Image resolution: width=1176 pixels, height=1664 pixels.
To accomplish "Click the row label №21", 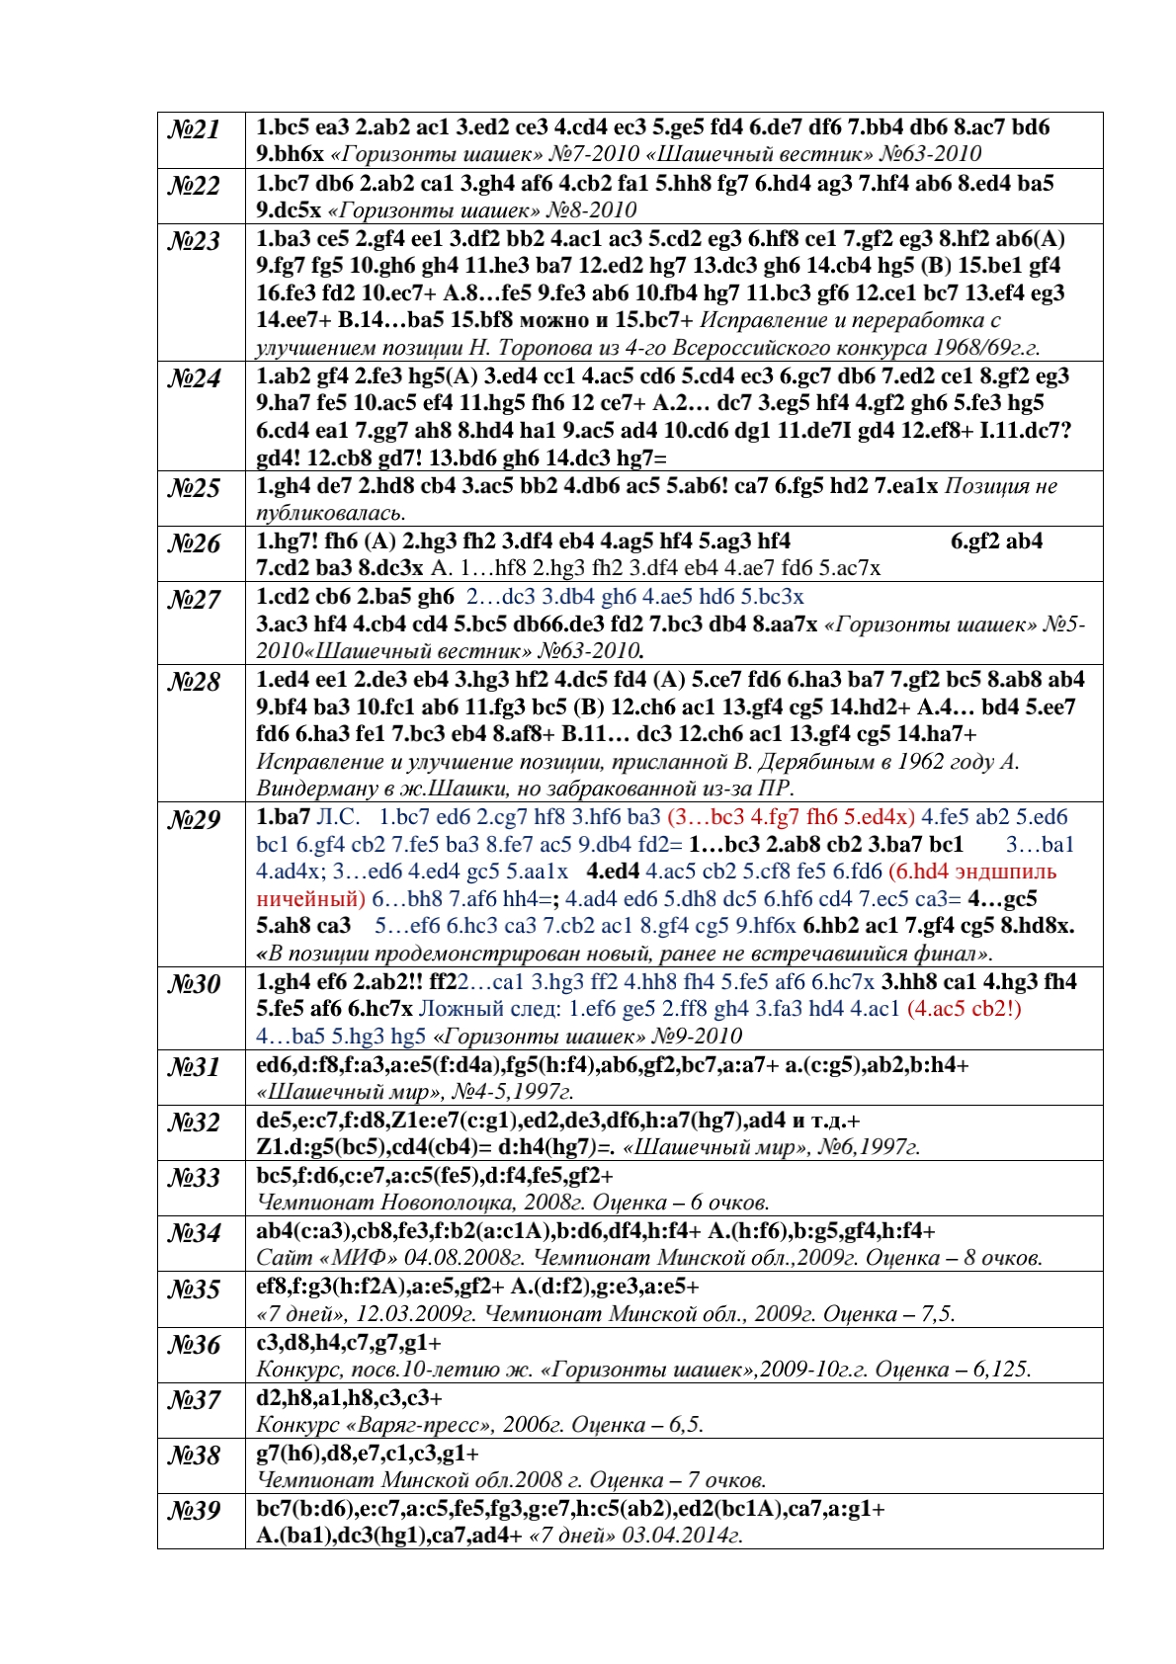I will (195, 129).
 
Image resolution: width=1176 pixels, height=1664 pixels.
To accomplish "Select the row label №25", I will (195, 488).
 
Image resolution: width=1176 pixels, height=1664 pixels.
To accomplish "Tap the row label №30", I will (195, 984).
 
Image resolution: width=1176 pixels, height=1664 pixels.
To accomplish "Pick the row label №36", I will (195, 1345).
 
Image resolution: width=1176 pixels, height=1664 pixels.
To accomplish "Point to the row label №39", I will (195, 1511).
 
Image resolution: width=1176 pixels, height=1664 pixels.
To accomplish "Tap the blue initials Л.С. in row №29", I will (339, 817).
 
